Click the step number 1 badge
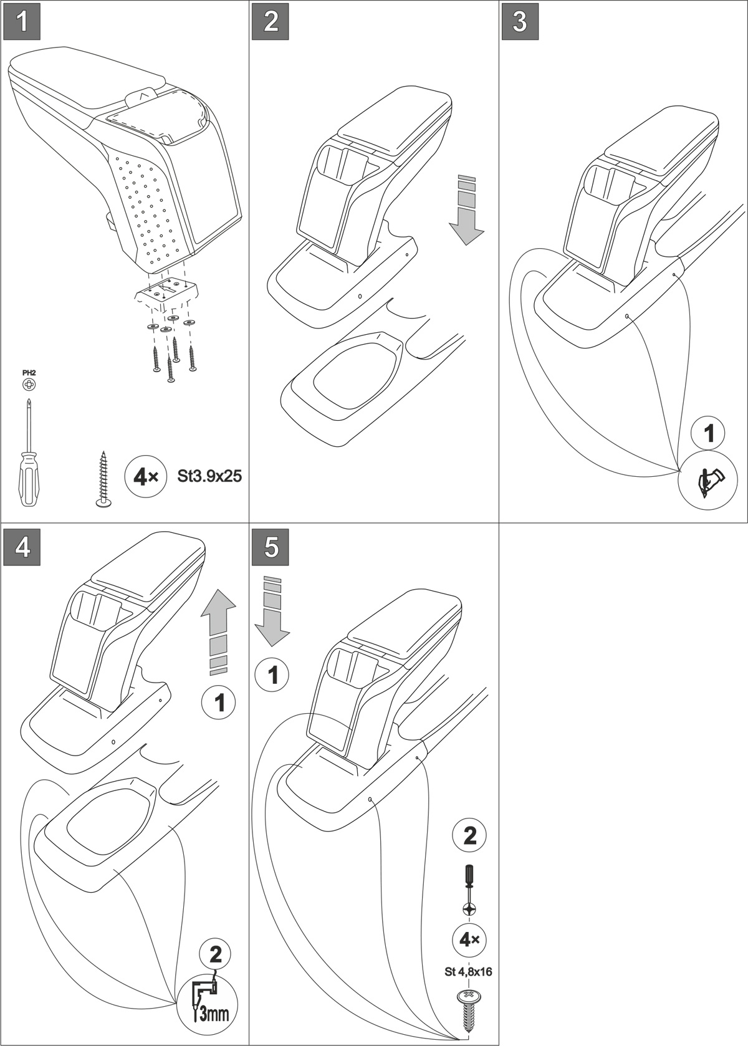click(x=22, y=22)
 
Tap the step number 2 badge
click(x=271, y=22)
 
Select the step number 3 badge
click(x=520, y=22)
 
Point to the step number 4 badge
click(x=22, y=547)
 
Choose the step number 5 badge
click(x=271, y=547)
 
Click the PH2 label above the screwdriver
click(x=29, y=373)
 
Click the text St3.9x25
click(x=209, y=477)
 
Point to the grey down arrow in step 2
click(x=466, y=211)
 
